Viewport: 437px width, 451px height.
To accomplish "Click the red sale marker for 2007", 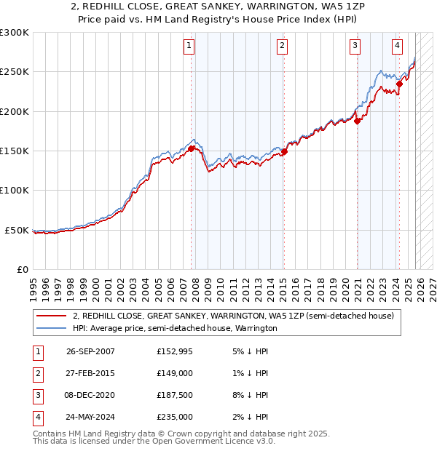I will point(191,148).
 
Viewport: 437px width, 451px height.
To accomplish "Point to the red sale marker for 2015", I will point(284,151).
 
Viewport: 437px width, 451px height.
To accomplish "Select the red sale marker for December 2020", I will point(358,121).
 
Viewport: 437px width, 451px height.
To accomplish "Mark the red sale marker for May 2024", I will point(399,84).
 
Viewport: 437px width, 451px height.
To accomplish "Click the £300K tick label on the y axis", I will point(15,33).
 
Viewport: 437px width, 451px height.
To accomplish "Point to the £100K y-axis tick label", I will point(15,191).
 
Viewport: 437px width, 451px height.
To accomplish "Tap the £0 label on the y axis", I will point(22,269).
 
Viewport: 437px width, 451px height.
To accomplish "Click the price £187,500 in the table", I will point(175,397).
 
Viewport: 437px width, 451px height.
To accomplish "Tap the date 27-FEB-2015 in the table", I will point(90,374).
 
